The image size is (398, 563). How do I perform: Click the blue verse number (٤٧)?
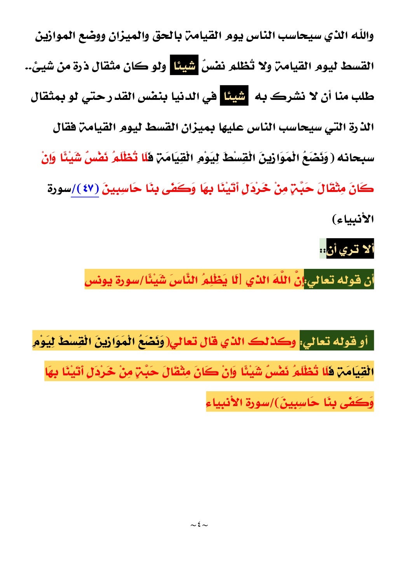pyautogui.click(x=85, y=189)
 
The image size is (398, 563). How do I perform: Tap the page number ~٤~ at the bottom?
pyautogui.click(x=199, y=525)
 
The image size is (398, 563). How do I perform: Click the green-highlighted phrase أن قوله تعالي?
pyautogui.click(x=339, y=280)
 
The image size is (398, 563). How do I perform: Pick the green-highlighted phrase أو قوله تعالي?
pyautogui.click(x=337, y=342)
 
